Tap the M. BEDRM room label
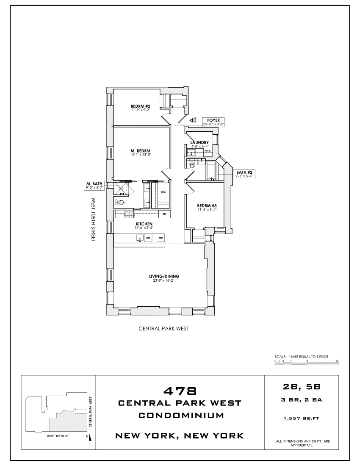click(141, 151)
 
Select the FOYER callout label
click(213, 120)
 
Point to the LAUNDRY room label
click(199, 142)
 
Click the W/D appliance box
click(208, 150)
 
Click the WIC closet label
click(163, 191)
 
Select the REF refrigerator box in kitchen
click(164, 214)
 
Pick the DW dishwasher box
click(148, 238)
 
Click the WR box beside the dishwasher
click(161, 238)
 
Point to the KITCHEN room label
click(144, 224)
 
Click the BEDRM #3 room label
click(207, 205)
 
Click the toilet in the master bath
click(119, 202)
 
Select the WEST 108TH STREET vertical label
click(94, 219)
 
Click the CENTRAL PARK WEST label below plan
click(164, 328)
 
